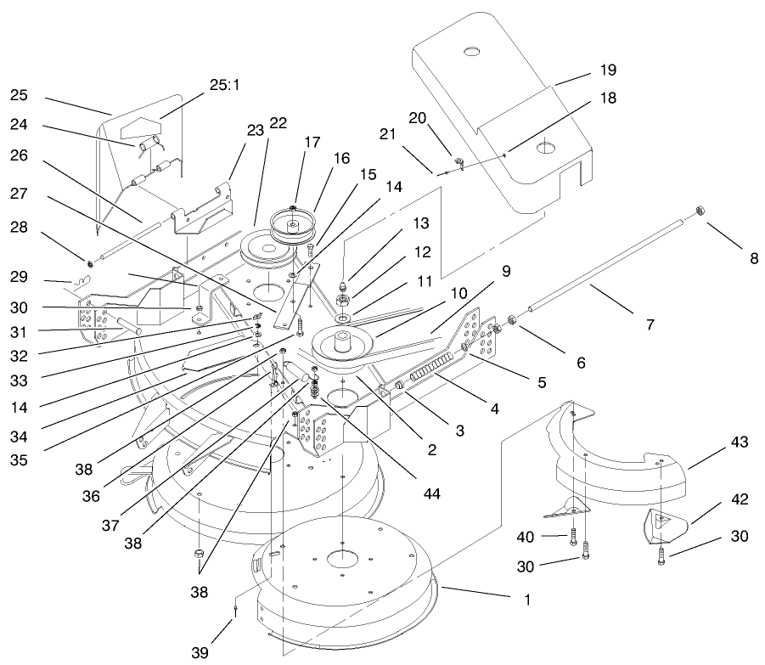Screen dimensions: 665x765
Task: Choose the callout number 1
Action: (527, 599)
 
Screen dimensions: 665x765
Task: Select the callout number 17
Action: (312, 142)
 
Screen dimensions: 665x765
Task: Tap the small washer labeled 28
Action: (88, 258)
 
